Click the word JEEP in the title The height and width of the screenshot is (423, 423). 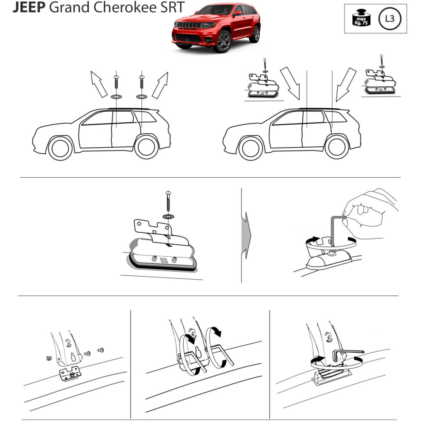pos(29,7)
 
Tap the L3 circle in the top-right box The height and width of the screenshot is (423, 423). pos(390,19)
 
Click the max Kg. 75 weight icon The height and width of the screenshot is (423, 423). pos(362,18)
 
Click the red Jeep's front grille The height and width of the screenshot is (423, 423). pos(188,25)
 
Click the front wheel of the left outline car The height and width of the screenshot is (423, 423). pos(60,148)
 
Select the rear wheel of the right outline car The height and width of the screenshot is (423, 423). pos(337,147)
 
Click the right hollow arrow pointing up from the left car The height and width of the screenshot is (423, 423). pos(160,85)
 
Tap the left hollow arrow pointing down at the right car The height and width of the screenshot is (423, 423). pos(291,83)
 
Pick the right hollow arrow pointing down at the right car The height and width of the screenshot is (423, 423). pos(346,85)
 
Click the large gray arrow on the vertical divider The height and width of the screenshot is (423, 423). pos(246,236)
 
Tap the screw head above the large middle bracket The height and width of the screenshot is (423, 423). pos(168,193)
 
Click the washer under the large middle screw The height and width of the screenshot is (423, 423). pos(168,216)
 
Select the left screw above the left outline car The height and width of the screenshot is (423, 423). pos(116,82)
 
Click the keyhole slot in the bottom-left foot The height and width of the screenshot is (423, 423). pos(73,357)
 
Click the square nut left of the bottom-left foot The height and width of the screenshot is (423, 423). pos(49,359)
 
